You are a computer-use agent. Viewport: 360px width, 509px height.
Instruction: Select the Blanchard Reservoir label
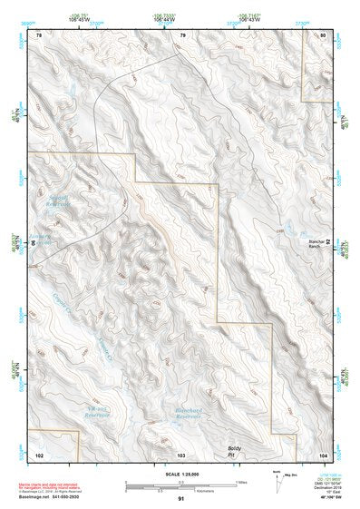tap(188, 413)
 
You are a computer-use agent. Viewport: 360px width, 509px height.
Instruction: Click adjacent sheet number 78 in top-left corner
tap(38, 34)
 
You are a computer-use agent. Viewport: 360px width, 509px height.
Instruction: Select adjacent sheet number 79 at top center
tap(182, 34)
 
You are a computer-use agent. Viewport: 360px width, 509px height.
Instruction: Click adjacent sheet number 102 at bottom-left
tap(39, 451)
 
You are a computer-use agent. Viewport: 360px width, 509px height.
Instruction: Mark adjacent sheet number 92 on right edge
tap(329, 242)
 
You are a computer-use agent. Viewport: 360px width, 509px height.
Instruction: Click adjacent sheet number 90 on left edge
tap(33, 243)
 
